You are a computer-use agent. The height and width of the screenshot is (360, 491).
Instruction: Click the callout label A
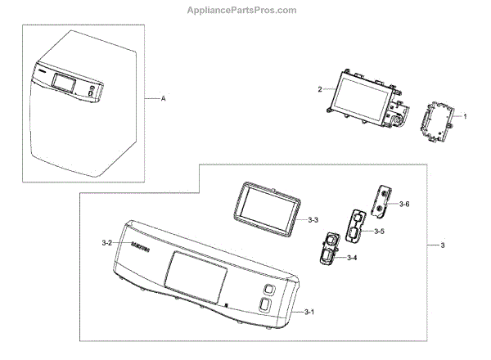[163, 98]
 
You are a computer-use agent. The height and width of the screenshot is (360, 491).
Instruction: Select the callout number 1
[465, 117]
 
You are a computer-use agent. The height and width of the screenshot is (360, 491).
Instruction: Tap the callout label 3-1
[308, 313]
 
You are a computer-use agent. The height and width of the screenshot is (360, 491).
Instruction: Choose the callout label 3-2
[107, 243]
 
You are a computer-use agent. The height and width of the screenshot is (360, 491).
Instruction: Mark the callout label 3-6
[406, 203]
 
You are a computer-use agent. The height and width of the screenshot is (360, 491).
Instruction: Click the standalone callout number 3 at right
[442, 245]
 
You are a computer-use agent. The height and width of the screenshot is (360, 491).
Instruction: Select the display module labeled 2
[359, 97]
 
